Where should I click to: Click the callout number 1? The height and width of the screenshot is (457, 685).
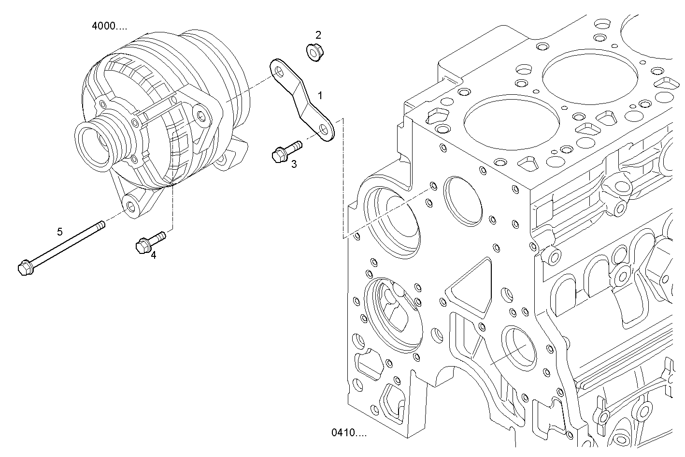(x=320, y=96)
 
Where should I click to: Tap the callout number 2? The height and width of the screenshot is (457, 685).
(x=318, y=35)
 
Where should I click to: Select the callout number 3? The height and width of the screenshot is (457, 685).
(x=294, y=164)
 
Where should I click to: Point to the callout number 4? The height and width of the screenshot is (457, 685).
(x=153, y=255)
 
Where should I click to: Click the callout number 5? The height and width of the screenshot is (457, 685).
(x=60, y=232)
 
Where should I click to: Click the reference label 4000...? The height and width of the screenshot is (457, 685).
(x=110, y=26)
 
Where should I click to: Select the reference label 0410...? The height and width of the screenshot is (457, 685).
(x=349, y=432)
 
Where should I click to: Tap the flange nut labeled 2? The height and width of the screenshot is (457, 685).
(x=315, y=52)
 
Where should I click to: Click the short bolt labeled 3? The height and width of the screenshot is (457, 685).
(x=285, y=150)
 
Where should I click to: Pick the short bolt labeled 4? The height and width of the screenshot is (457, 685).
(x=150, y=241)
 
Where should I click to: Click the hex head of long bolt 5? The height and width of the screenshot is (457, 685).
(x=24, y=267)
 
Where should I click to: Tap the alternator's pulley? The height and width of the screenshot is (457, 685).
(x=97, y=143)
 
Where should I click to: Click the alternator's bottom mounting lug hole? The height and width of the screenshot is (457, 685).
(x=131, y=206)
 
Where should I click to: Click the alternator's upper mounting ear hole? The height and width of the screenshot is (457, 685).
(x=201, y=115)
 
